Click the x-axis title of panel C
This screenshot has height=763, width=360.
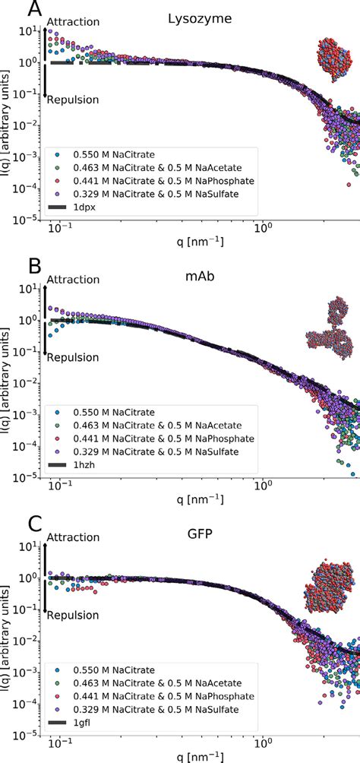pyautogui.click(x=201, y=755)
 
